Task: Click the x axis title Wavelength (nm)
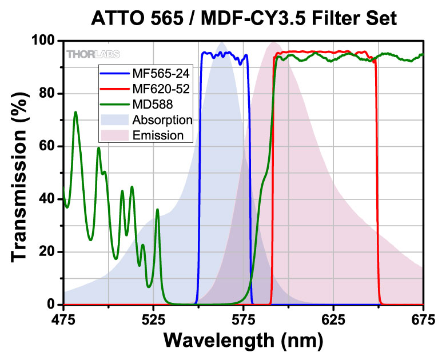(244, 340)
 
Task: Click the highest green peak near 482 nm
(75, 112)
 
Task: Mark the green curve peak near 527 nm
(157, 210)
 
